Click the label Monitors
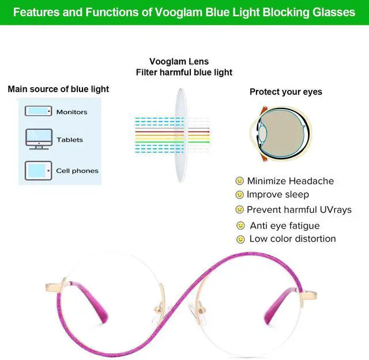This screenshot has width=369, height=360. click(x=71, y=112)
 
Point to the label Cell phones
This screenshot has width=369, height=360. click(x=77, y=171)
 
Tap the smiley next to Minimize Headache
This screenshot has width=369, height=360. click(x=240, y=181)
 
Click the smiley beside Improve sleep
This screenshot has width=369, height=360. click(x=240, y=195)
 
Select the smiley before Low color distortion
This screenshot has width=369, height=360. click(x=240, y=239)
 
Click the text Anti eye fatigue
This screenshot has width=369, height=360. click(x=284, y=226)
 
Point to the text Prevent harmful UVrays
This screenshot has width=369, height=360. click(x=299, y=209)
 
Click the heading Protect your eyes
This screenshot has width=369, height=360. click(x=285, y=92)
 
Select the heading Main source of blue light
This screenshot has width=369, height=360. click(x=58, y=89)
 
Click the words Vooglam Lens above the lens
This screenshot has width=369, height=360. click(x=179, y=62)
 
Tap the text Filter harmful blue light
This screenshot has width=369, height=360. click(x=184, y=72)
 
